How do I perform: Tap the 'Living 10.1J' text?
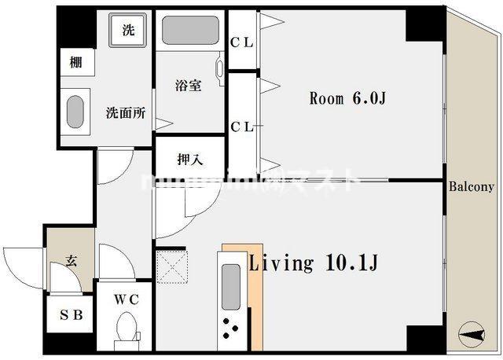coord(314,263)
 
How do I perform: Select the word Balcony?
coord(472,187)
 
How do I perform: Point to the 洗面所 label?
coord(126,112)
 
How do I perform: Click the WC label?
coord(126,299)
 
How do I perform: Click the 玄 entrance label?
coord(71,261)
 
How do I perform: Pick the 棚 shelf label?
coord(75,63)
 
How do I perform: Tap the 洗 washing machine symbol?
coord(128,31)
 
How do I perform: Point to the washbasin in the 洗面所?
coord(75,112)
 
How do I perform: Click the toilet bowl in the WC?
coord(126,326)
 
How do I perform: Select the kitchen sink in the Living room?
coord(231,288)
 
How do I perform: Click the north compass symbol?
coord(472,336)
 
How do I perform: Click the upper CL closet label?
coord(242,42)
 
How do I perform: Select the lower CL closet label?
coord(242,126)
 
